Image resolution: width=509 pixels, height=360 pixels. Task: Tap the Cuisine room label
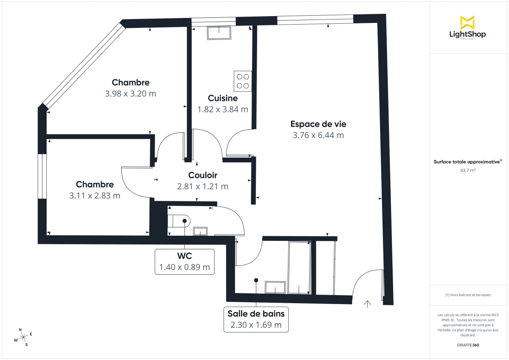[223, 98]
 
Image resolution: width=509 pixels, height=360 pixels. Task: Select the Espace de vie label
[318, 124]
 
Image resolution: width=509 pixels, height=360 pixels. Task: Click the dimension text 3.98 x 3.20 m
[131, 94]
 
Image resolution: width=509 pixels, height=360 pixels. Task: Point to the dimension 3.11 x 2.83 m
[95, 195]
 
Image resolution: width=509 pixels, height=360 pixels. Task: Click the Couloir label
[203, 175]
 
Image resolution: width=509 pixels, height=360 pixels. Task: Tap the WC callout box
[185, 262]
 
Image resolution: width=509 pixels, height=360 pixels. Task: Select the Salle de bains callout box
[256, 319]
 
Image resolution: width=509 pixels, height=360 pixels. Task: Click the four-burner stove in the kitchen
[243, 81]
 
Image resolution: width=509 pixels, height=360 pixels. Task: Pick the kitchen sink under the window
[219, 33]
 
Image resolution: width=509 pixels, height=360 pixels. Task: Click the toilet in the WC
[179, 221]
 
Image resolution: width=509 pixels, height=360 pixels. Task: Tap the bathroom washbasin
[275, 287]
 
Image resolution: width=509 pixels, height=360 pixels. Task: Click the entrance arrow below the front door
[367, 304]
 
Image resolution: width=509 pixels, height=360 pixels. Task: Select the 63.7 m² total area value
[467, 170]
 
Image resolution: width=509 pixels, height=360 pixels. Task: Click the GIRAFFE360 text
[467, 345]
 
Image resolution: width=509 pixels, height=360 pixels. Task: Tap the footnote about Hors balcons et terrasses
[467, 295]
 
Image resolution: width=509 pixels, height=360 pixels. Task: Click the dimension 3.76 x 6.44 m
[318, 135]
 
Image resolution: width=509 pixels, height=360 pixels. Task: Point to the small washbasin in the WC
[200, 231]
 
